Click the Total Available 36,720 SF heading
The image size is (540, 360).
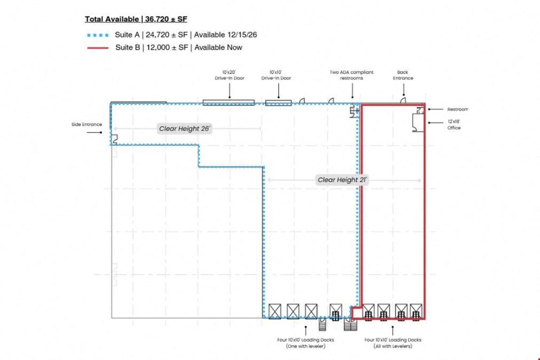tap(136, 19)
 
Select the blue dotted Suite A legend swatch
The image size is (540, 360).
tap(98, 35)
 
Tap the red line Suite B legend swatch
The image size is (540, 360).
tap(98, 48)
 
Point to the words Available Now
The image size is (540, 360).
tap(218, 47)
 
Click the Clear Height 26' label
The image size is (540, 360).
tap(185, 129)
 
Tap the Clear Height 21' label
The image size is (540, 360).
tap(343, 180)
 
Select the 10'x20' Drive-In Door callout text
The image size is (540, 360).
tap(229, 75)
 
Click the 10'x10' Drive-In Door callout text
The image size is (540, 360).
tap(276, 75)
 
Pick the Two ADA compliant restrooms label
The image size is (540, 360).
tap(352, 75)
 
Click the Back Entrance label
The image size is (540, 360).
tap(403, 75)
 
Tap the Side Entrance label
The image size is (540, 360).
tap(87, 124)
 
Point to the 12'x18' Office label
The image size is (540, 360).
tap(454, 125)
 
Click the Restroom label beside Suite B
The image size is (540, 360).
tap(458, 109)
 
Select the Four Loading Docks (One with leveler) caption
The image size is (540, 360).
tap(306, 343)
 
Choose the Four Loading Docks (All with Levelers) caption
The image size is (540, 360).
tap(393, 343)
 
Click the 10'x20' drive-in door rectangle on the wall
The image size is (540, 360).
tap(229, 102)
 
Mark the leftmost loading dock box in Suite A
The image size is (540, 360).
tap(275, 311)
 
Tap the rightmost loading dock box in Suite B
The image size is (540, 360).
tap(416, 311)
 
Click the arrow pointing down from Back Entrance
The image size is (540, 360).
tap(403, 91)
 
